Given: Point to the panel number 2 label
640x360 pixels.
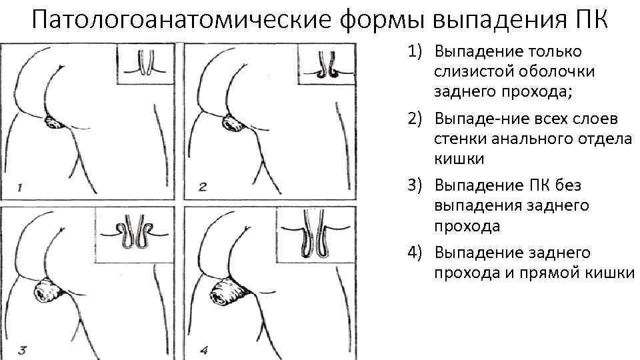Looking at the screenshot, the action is [x=203, y=187].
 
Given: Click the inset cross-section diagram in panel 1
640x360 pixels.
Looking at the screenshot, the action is [x=147, y=64].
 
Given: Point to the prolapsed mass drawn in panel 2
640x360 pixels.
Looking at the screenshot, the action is [x=233, y=123].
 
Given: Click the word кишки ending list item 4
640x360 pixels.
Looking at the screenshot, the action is [x=611, y=273].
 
